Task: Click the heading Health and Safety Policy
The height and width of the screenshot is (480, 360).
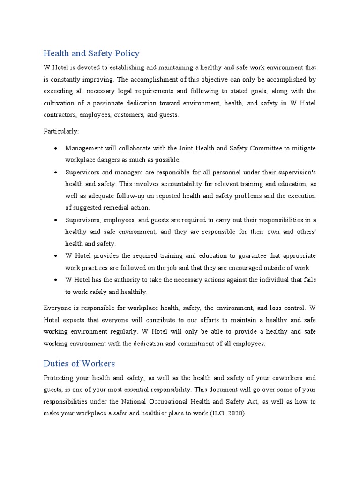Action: click(91, 53)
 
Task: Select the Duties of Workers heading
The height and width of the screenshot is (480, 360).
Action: click(79, 363)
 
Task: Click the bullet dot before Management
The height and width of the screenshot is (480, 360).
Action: click(56, 149)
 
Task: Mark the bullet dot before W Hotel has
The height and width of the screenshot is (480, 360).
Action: click(56, 280)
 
